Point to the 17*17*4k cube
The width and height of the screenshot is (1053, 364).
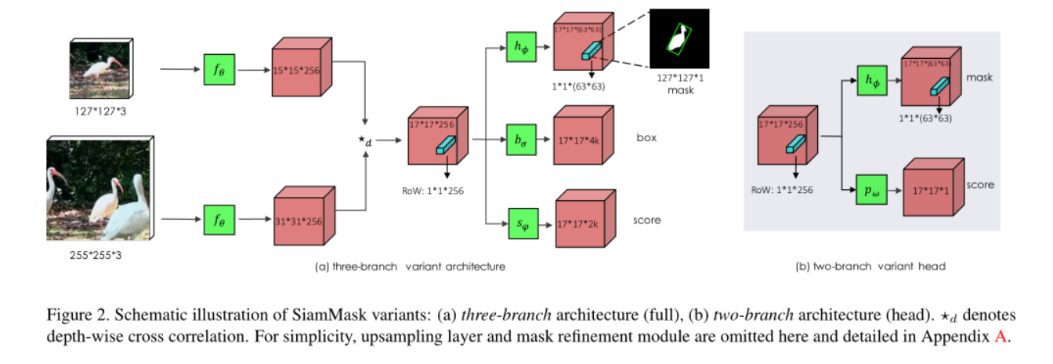click(x=581, y=141)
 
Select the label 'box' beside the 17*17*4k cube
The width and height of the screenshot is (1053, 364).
click(x=646, y=138)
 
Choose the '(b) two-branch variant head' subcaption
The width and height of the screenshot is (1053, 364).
click(x=870, y=266)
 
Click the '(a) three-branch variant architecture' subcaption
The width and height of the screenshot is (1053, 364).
click(x=410, y=266)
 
